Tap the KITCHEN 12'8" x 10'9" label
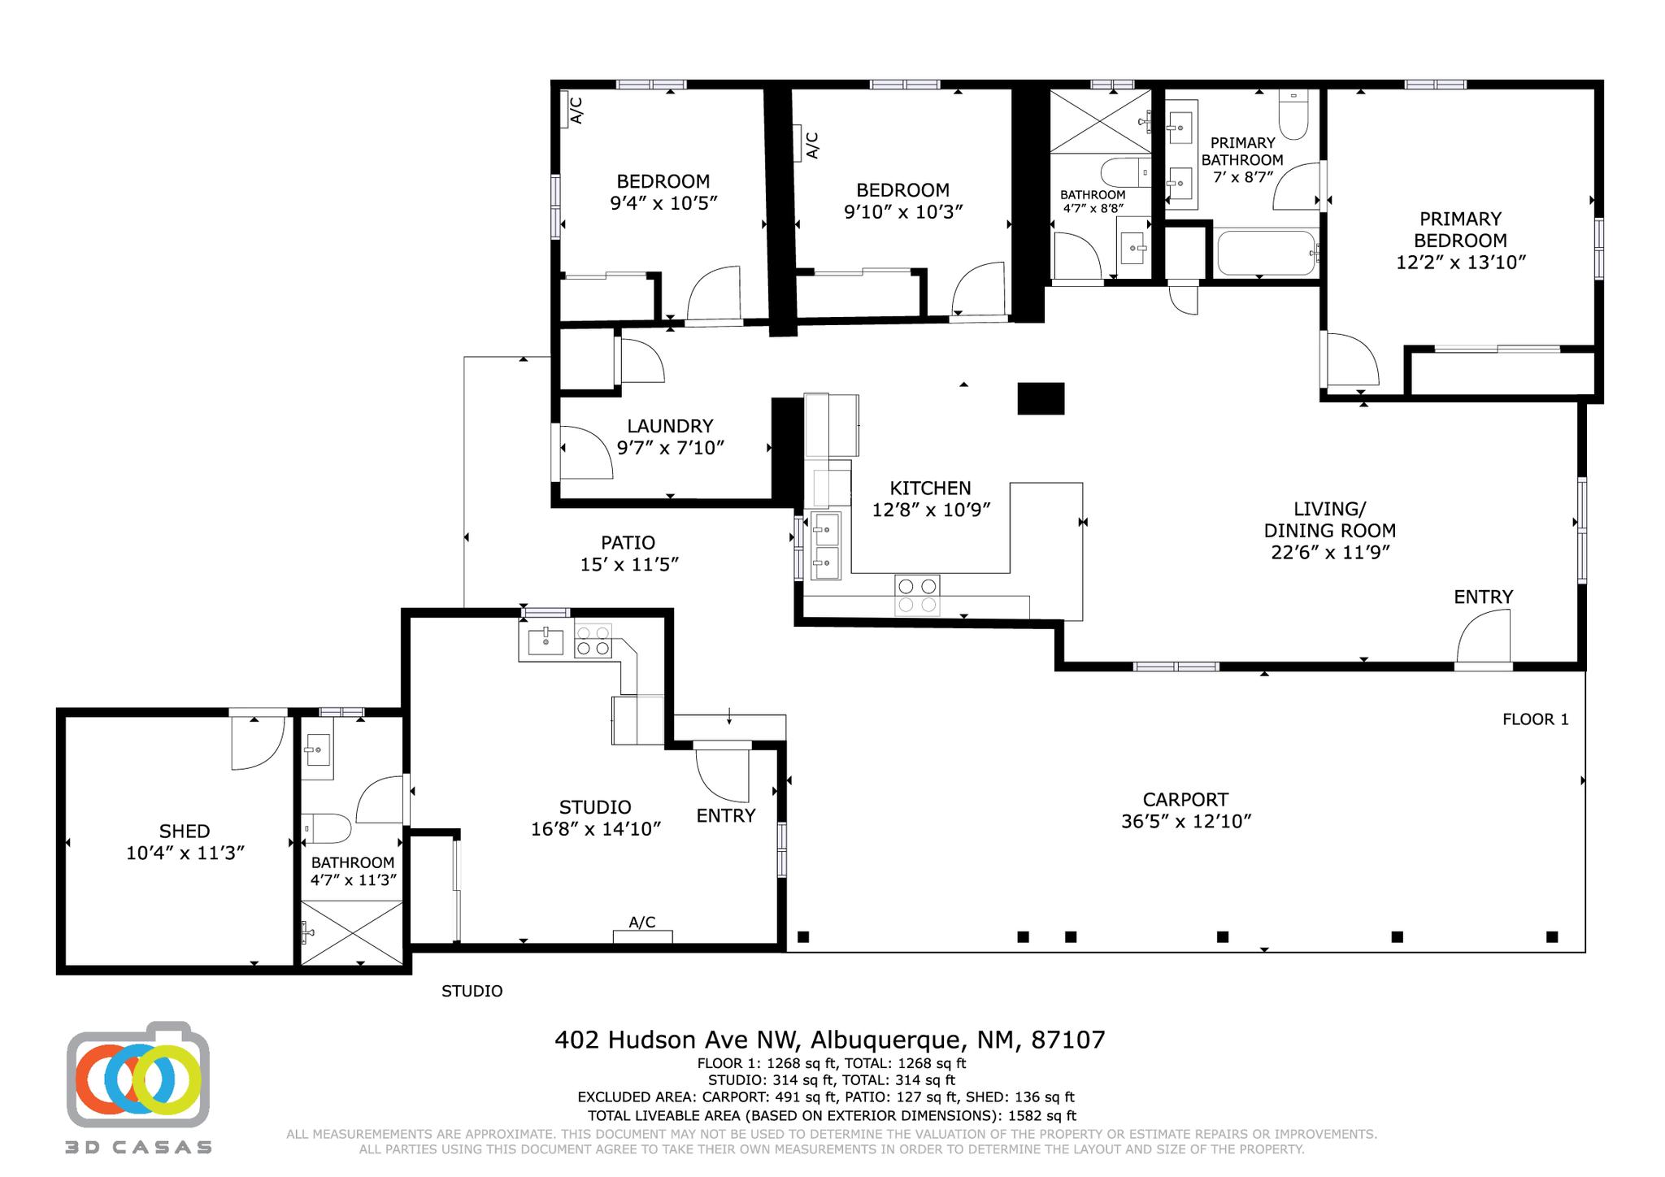930,498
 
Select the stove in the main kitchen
917,595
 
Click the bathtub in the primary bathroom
1265,253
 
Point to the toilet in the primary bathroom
1293,116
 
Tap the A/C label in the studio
641,922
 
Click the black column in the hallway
1041,398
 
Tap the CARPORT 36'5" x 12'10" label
1185,810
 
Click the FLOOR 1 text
1535,719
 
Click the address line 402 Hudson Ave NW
829,1040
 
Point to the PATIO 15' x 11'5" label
628,553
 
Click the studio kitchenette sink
546,641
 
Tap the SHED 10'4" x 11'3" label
185,842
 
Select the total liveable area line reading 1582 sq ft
831,1116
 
